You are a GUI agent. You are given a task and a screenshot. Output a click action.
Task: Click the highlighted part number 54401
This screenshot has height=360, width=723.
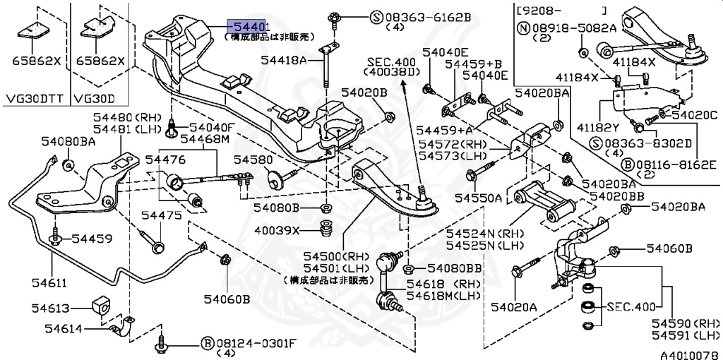point(249,26)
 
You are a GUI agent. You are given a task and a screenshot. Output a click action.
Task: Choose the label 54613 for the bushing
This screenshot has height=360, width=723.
point(49,308)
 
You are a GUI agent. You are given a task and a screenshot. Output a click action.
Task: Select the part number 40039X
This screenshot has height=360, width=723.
point(277,230)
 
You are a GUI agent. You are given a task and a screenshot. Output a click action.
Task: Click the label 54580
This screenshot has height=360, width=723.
point(253,160)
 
